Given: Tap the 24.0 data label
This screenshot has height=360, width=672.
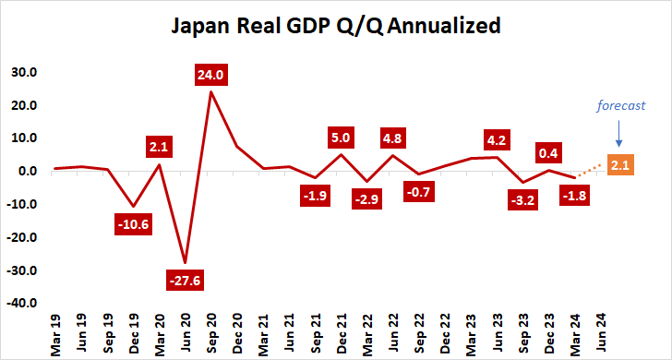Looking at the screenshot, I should tap(211, 75).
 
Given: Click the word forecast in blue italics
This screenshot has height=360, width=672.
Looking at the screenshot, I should tap(618, 105).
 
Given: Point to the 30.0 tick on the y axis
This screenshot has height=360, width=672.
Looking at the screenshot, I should tap(23, 72).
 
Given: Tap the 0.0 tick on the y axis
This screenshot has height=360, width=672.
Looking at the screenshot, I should tap(27, 171).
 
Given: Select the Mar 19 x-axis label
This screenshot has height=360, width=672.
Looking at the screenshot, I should tap(56, 332).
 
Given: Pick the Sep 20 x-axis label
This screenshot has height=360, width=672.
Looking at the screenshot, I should tap(212, 332).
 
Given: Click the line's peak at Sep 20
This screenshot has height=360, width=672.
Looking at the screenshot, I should tap(211, 91).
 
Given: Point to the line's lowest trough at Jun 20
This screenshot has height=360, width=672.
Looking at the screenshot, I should tap(186, 262).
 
